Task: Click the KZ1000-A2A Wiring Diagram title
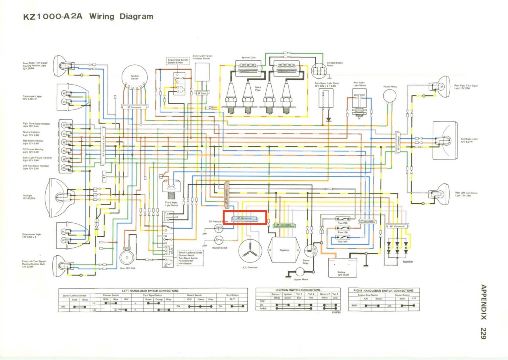pyautogui.click(x=88, y=16)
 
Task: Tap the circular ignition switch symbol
pyautogui.click(x=135, y=77)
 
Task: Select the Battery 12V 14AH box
pyautogui.click(x=343, y=268)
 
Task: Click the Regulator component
pyautogui.click(x=284, y=250)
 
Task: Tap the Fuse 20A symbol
pyautogui.click(x=342, y=219)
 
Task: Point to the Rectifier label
pyautogui.click(x=408, y=262)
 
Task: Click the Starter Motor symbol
pyautogui.click(x=300, y=272)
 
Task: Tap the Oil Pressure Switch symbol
pyautogui.click(x=219, y=229)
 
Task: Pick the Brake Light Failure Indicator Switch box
pyautogui.click(x=202, y=72)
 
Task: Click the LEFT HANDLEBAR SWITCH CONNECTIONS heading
pyautogui.click(x=150, y=291)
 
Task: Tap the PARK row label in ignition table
pyautogui.click(x=263, y=308)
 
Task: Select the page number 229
pyautogui.click(x=483, y=333)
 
